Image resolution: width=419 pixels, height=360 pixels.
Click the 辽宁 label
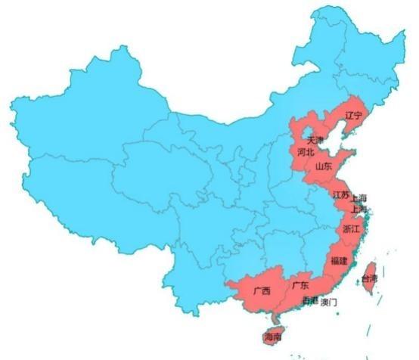coord(354,116)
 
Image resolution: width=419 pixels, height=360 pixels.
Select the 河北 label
coord(306,152)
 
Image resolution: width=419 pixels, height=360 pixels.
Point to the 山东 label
coord(324,166)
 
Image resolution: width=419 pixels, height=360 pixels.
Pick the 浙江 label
coord(352,228)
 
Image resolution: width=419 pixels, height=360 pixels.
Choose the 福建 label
coord(339,261)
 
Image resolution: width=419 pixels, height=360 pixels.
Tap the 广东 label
coord(300,286)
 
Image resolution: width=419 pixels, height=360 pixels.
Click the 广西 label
coord(262,290)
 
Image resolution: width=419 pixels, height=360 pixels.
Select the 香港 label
coord(310,301)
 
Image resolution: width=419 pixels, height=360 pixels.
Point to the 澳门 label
coord(329,302)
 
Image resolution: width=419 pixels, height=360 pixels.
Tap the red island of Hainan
coord(271,335)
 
